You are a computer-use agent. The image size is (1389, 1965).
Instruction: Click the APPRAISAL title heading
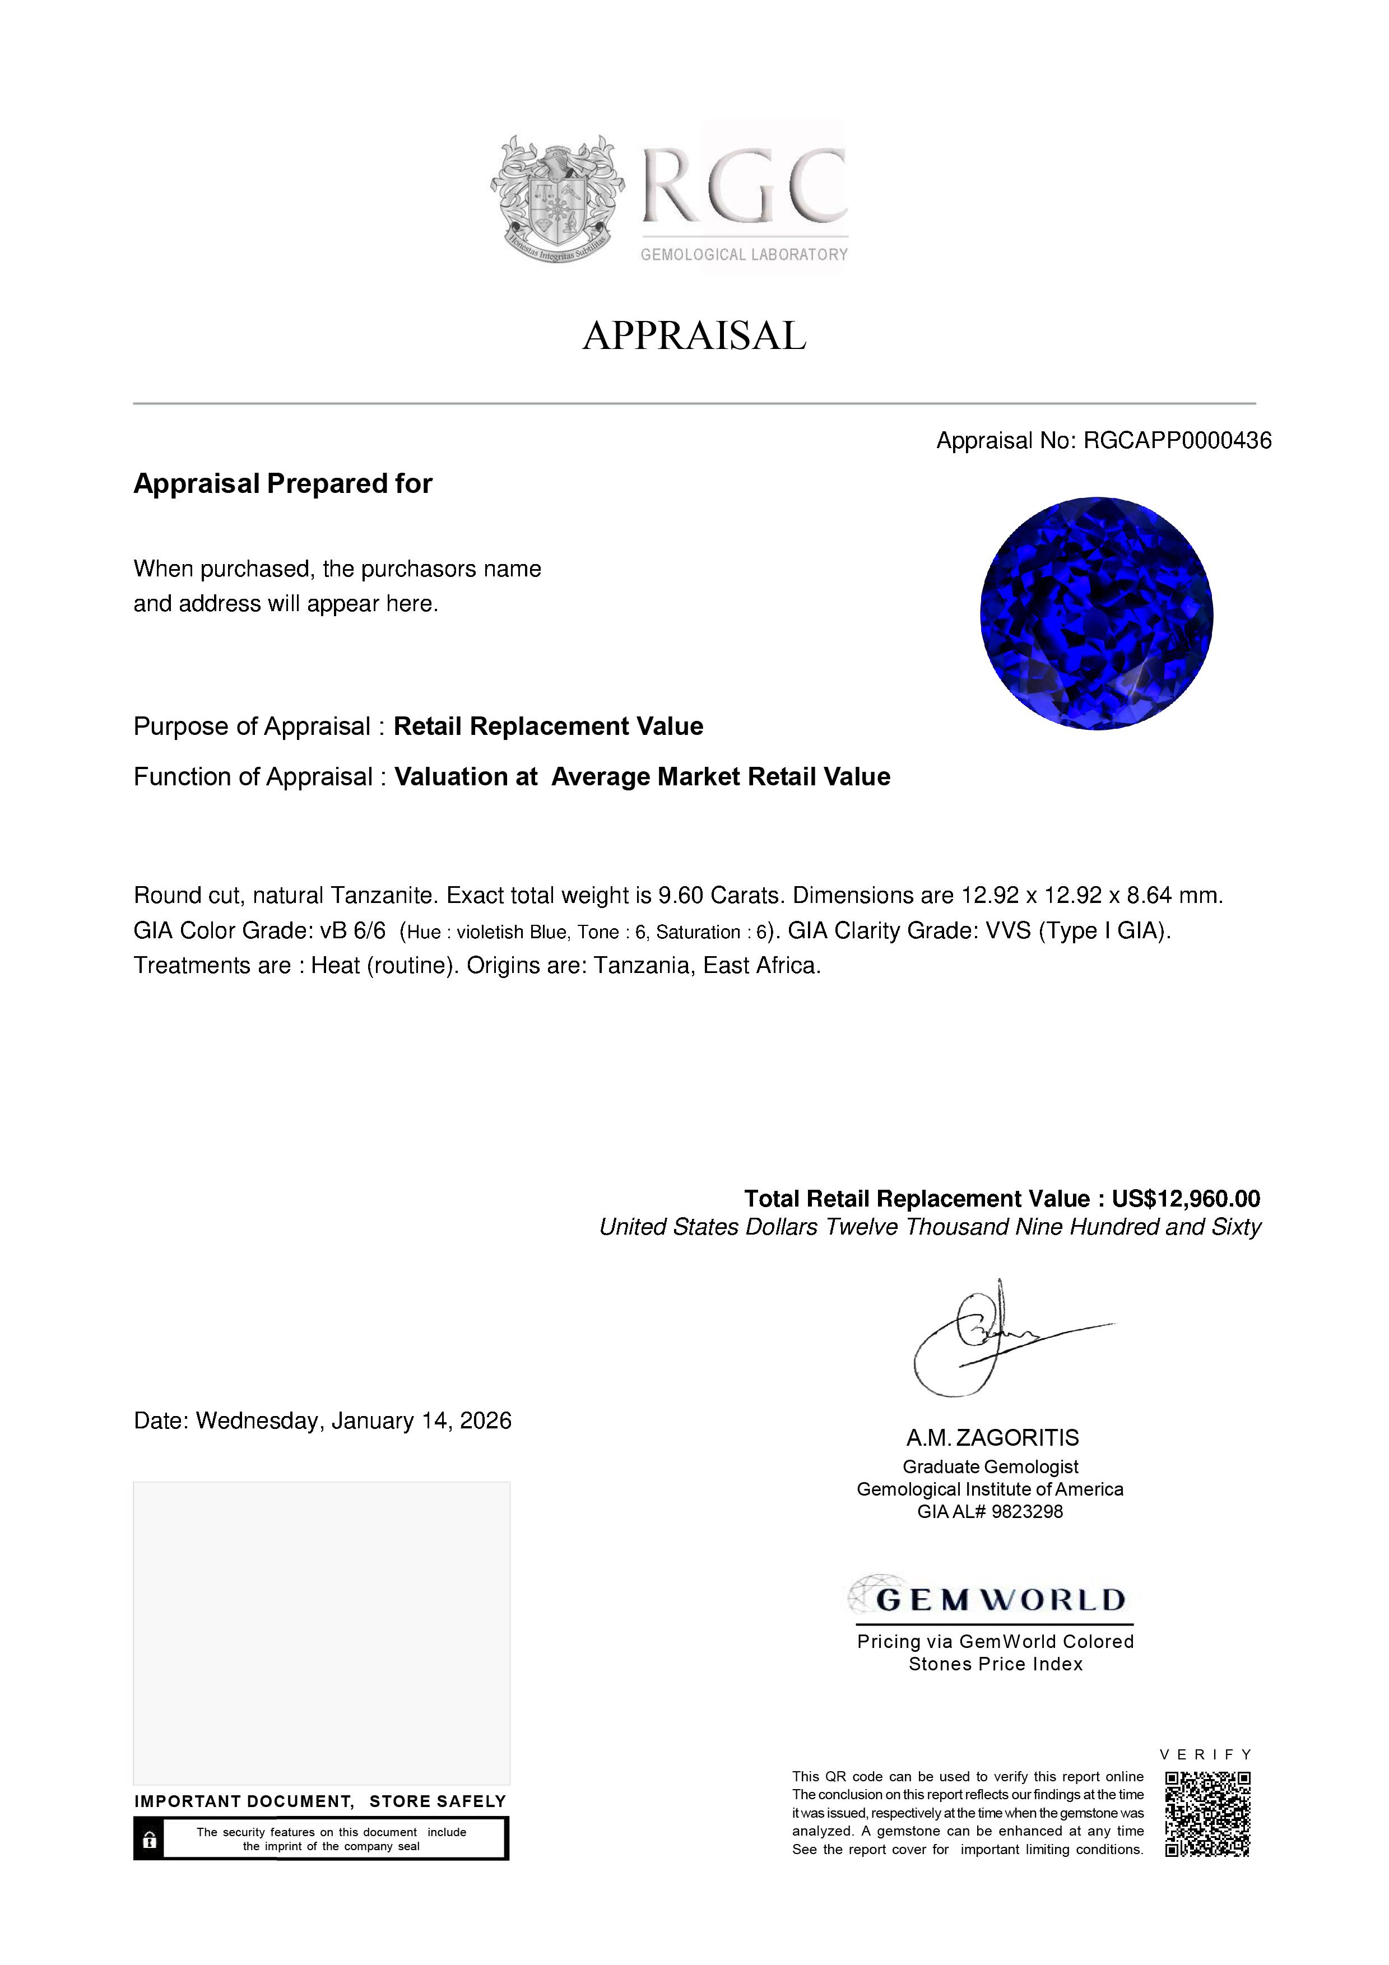[694, 336]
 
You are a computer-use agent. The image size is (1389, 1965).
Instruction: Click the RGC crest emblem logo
[556, 198]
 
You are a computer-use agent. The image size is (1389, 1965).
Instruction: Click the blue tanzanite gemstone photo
[1097, 613]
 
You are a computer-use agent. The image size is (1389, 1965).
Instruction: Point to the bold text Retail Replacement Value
[548, 727]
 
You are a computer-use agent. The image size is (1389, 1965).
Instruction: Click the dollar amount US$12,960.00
[1185, 1199]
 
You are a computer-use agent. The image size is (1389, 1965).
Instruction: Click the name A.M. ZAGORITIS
[993, 1438]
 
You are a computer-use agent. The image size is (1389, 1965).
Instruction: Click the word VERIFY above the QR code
[1206, 1754]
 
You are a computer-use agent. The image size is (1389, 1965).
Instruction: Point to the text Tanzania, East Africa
[707, 966]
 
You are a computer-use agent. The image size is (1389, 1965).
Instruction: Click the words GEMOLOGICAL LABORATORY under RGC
[744, 255]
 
